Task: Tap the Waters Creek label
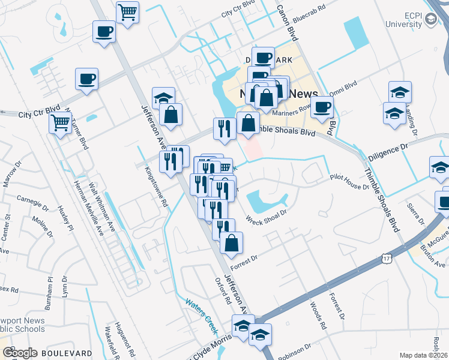(x=201, y=308)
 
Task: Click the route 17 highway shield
(x=386, y=258)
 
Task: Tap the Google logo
(x=20, y=353)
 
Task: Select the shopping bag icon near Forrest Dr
(x=231, y=243)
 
